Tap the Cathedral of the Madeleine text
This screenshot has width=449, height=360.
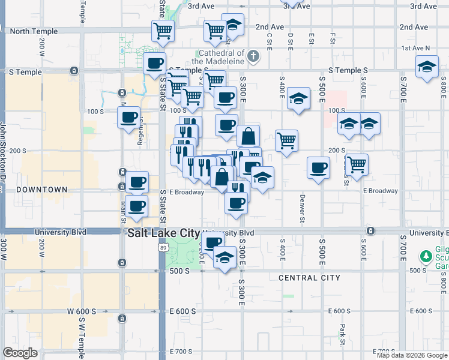tap(219, 57)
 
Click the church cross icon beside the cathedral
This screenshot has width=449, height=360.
tap(253, 57)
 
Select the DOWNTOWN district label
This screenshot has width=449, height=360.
tap(41, 190)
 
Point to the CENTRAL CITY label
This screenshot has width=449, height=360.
tap(309, 278)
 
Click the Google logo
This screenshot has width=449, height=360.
tap(20, 353)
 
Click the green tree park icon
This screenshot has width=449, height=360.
tap(427, 257)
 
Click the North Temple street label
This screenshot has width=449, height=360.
tap(34, 31)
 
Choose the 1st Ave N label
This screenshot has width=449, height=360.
tap(416, 48)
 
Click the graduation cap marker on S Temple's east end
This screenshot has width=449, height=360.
tap(427, 66)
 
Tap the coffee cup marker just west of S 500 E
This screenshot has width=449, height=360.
tap(318, 167)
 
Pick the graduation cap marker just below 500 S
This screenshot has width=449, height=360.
tap(224, 258)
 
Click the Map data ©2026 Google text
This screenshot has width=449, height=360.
tap(412, 355)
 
